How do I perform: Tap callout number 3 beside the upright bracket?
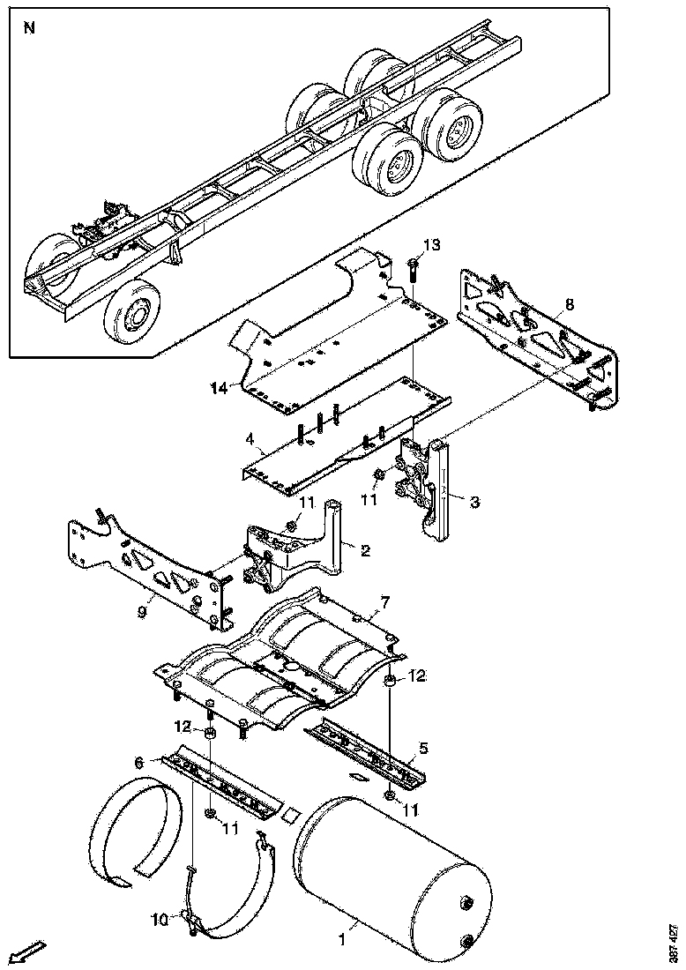(x=474, y=503)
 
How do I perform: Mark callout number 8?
(x=569, y=304)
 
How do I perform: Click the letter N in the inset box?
(x=30, y=27)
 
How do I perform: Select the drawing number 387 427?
(x=674, y=943)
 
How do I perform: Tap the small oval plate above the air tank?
(x=359, y=777)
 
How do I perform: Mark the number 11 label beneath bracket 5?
(x=411, y=809)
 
